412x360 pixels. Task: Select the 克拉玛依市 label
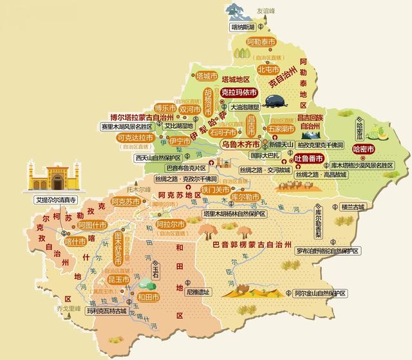point(238,93)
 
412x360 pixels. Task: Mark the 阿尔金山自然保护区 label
point(319,293)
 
